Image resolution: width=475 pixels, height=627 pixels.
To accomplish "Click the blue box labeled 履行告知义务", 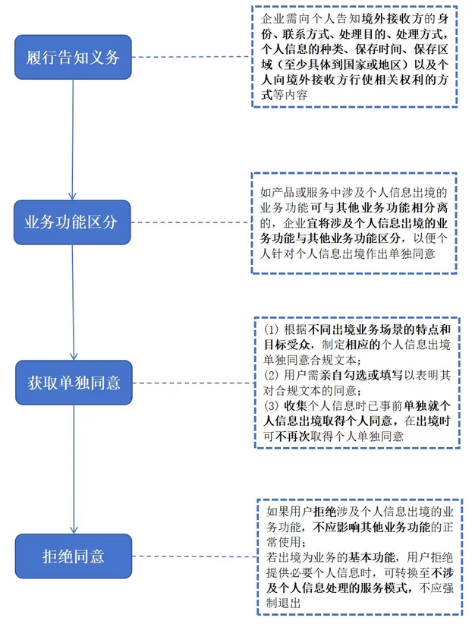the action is pos(73,57).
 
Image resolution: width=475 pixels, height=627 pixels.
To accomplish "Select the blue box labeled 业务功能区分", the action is pos(72,222).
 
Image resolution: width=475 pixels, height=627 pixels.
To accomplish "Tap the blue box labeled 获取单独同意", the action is pos(74,383).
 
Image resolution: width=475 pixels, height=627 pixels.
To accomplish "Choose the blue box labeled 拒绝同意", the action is pos(74,556).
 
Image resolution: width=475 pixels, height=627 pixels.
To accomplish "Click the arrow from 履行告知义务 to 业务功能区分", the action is pos(73,140).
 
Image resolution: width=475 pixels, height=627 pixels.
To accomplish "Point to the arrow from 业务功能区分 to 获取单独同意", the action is pos(73,303).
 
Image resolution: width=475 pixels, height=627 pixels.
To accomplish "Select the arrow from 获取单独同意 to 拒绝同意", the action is pos(74,469).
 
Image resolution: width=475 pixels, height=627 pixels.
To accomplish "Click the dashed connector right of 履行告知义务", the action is pos(192,57).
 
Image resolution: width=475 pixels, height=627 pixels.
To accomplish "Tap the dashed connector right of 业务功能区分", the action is pos(191,222).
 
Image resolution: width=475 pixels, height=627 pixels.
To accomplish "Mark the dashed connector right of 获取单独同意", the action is pos(194,383).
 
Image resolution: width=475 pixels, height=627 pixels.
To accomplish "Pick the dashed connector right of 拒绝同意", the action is pos(195,556).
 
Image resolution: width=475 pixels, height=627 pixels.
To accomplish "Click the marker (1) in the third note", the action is pos(271,329).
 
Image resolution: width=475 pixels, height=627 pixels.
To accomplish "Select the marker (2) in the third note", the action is pos(271,375).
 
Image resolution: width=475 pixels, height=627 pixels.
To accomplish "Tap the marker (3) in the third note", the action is pos(271,406).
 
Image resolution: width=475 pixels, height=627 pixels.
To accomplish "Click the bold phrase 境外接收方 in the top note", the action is pos(388,19).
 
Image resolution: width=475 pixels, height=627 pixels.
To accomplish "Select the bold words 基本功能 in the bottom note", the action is pos(372,557).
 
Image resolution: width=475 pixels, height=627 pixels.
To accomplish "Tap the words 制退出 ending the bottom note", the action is pos(284,603).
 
